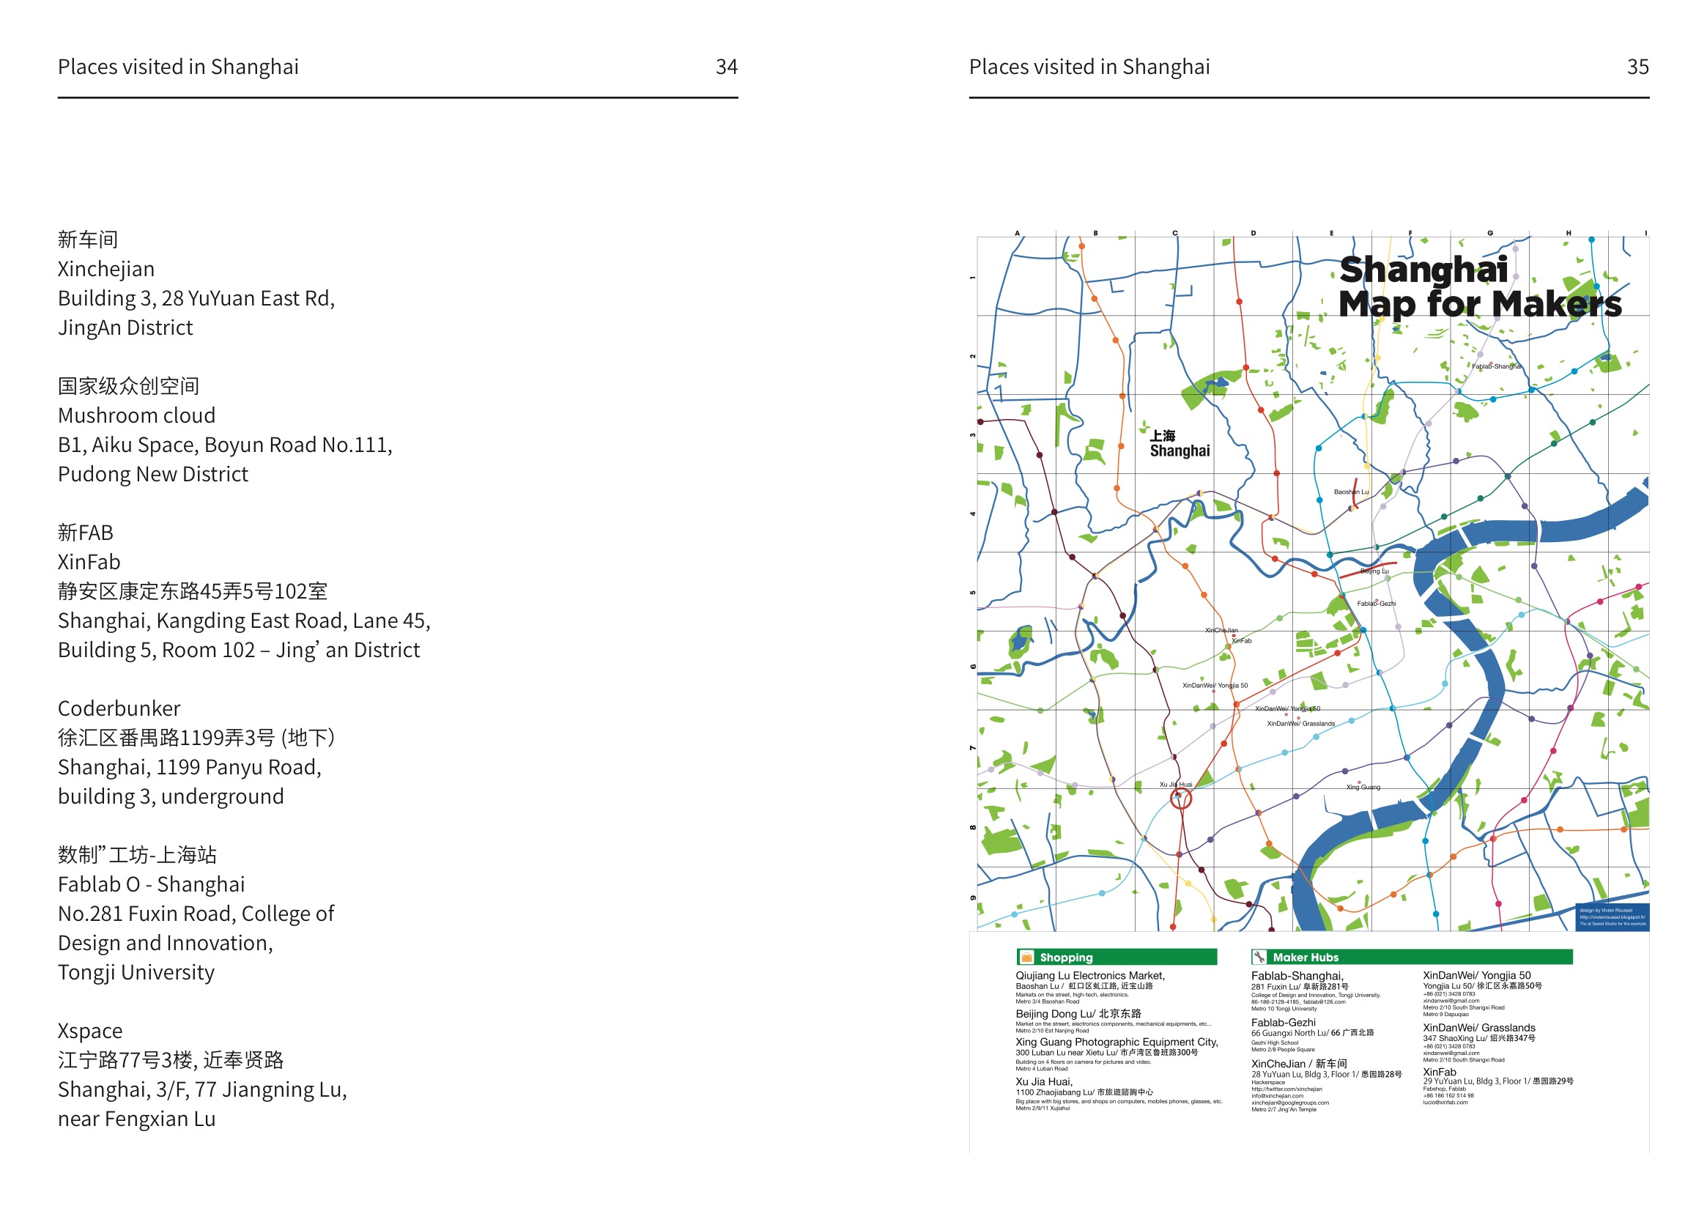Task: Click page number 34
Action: pyautogui.click(x=725, y=67)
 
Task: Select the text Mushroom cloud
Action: pyautogui.click(x=136, y=415)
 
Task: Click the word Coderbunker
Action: pyautogui.click(x=119, y=708)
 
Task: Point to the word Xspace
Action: pyautogui.click(x=89, y=1031)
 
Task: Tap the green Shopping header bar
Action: pyautogui.click(x=1116, y=957)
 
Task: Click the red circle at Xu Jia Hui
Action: pyautogui.click(x=1180, y=799)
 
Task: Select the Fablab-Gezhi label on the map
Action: pyautogui.click(x=1375, y=603)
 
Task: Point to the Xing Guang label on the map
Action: pyautogui.click(x=1363, y=787)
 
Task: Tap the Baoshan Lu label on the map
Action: pyautogui.click(x=1350, y=492)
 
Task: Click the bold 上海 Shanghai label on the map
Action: pyautogui.click(x=1179, y=444)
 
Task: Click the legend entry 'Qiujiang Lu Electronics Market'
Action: pyautogui.click(x=1089, y=975)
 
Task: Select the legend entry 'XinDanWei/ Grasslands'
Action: pyautogui.click(x=1478, y=1028)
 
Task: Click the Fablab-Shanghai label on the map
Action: pyautogui.click(x=1495, y=366)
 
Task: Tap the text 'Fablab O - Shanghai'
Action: pyautogui.click(x=151, y=884)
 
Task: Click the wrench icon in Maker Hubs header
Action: pyautogui.click(x=1259, y=957)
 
